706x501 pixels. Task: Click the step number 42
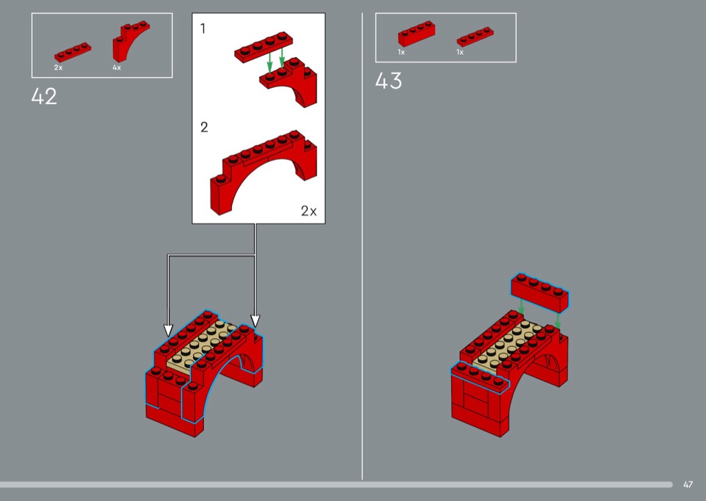tap(44, 96)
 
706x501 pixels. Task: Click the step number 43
tap(388, 81)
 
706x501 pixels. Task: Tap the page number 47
tap(688, 484)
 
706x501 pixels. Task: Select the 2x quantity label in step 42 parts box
tap(58, 67)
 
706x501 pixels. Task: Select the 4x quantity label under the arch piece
tap(116, 67)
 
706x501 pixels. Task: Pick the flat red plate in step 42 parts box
tap(73, 52)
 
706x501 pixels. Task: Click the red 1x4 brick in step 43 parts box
tap(416, 34)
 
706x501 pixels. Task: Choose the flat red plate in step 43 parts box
tap(475, 37)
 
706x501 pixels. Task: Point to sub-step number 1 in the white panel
tap(203, 29)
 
